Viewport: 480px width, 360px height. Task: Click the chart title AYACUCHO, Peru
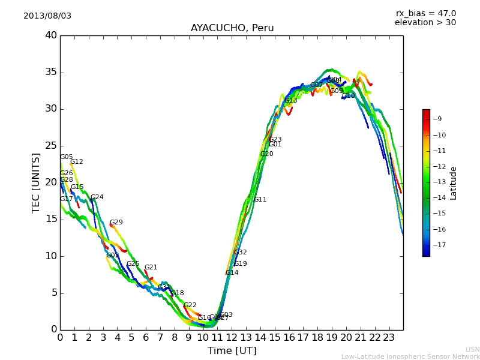point(232,28)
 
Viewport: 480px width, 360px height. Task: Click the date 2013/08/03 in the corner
point(47,16)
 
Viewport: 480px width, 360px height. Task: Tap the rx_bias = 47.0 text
point(426,13)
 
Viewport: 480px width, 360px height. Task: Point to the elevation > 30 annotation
point(425,23)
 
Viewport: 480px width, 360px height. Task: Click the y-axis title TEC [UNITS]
point(37,183)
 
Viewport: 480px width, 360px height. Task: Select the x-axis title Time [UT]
point(232,351)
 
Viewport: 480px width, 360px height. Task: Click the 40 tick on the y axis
point(51,35)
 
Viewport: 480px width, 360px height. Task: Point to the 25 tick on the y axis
point(51,146)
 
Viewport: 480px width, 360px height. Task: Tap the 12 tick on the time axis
point(232,338)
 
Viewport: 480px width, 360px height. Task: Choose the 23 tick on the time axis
point(389,338)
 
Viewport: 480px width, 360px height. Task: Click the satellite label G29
point(116,223)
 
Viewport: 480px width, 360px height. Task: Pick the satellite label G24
point(97,197)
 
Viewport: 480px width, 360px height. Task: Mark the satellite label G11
point(260,200)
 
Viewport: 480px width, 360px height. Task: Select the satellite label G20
point(266,154)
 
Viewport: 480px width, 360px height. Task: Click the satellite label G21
point(151,268)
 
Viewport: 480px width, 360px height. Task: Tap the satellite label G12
point(76,162)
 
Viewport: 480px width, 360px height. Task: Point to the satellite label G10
point(348,96)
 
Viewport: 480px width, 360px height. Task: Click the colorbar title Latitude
point(454,183)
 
